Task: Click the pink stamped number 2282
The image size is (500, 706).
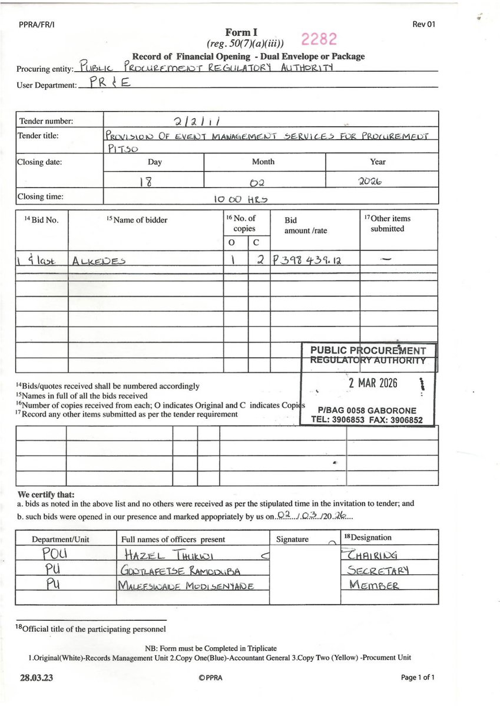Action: (x=319, y=39)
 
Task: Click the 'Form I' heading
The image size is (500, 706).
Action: (x=241, y=32)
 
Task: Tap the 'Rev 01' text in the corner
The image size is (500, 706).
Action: (x=424, y=25)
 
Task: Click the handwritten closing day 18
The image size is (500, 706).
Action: (x=145, y=181)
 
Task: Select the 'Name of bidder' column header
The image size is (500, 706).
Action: (x=137, y=220)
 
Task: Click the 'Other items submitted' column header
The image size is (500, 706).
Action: (x=388, y=224)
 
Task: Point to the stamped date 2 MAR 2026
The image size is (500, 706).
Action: (x=373, y=384)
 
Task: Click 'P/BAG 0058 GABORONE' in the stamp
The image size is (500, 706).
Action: (x=366, y=410)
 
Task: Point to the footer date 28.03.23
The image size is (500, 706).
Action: (x=36, y=678)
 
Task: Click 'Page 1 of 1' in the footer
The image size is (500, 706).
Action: (x=418, y=678)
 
